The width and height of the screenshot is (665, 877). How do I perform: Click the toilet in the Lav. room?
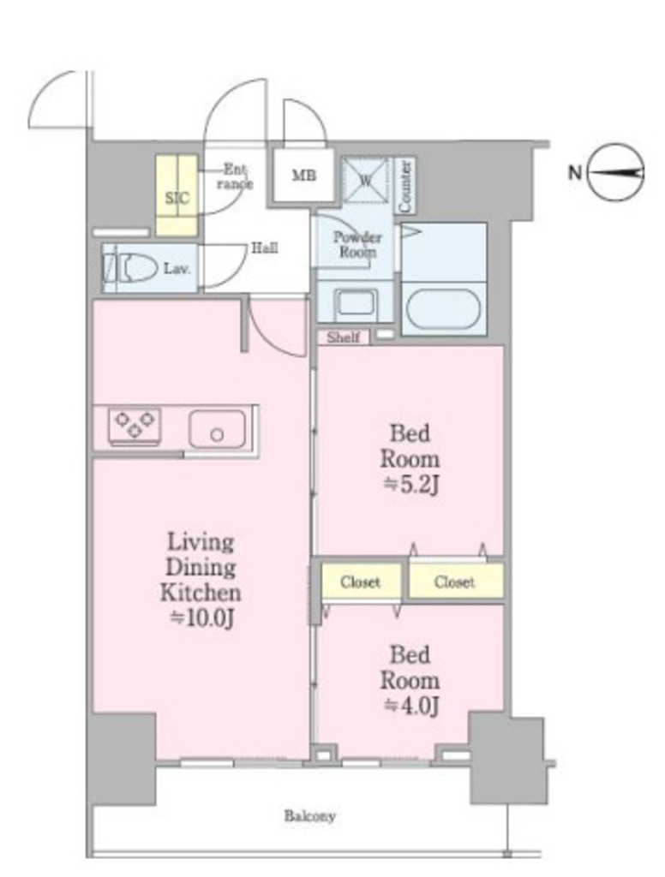click(130, 268)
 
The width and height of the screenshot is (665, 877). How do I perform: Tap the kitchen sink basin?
click(217, 430)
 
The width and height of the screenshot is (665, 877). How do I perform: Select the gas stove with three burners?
click(135, 427)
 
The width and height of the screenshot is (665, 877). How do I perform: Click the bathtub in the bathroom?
click(443, 307)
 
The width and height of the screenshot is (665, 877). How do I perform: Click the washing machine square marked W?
click(365, 179)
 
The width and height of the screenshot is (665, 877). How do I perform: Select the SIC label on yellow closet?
click(177, 198)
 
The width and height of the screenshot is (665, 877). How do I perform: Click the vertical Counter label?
click(405, 186)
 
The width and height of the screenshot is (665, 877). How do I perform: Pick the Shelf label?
click(343, 337)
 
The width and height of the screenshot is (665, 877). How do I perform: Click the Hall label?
click(264, 248)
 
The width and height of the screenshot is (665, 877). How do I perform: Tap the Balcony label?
click(309, 815)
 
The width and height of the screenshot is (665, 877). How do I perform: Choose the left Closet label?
click(360, 582)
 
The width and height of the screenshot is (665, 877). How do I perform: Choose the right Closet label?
click(454, 582)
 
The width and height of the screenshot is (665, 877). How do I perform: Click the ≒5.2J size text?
click(410, 485)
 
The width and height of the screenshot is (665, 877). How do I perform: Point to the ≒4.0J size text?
click(410, 706)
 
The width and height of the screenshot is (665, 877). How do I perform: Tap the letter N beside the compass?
click(575, 172)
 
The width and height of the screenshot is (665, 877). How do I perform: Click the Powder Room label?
click(357, 244)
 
